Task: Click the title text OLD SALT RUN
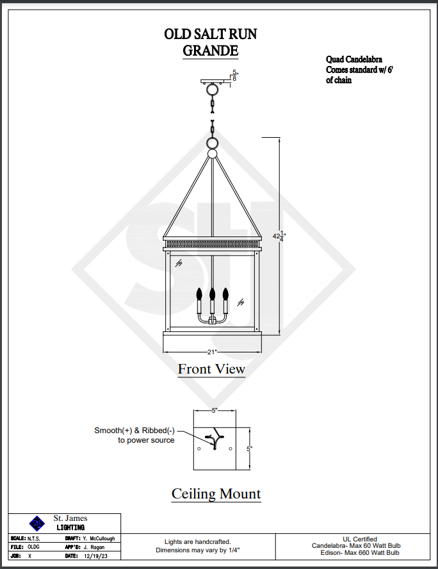point(210,35)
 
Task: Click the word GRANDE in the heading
point(210,50)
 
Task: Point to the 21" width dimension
point(212,352)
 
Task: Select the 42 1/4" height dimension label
point(279,236)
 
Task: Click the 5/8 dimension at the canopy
point(234,76)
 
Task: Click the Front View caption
point(211,369)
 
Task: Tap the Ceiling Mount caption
point(216,493)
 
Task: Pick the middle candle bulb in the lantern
point(212,295)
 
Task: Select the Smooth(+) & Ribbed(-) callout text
point(134,435)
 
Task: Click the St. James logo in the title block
point(38,523)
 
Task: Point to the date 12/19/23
point(96,556)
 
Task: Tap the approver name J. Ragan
point(93,547)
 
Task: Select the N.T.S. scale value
point(34,538)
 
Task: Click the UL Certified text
point(361,539)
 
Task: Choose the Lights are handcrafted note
point(197,541)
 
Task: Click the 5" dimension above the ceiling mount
point(215,410)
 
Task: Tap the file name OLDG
point(33,547)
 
